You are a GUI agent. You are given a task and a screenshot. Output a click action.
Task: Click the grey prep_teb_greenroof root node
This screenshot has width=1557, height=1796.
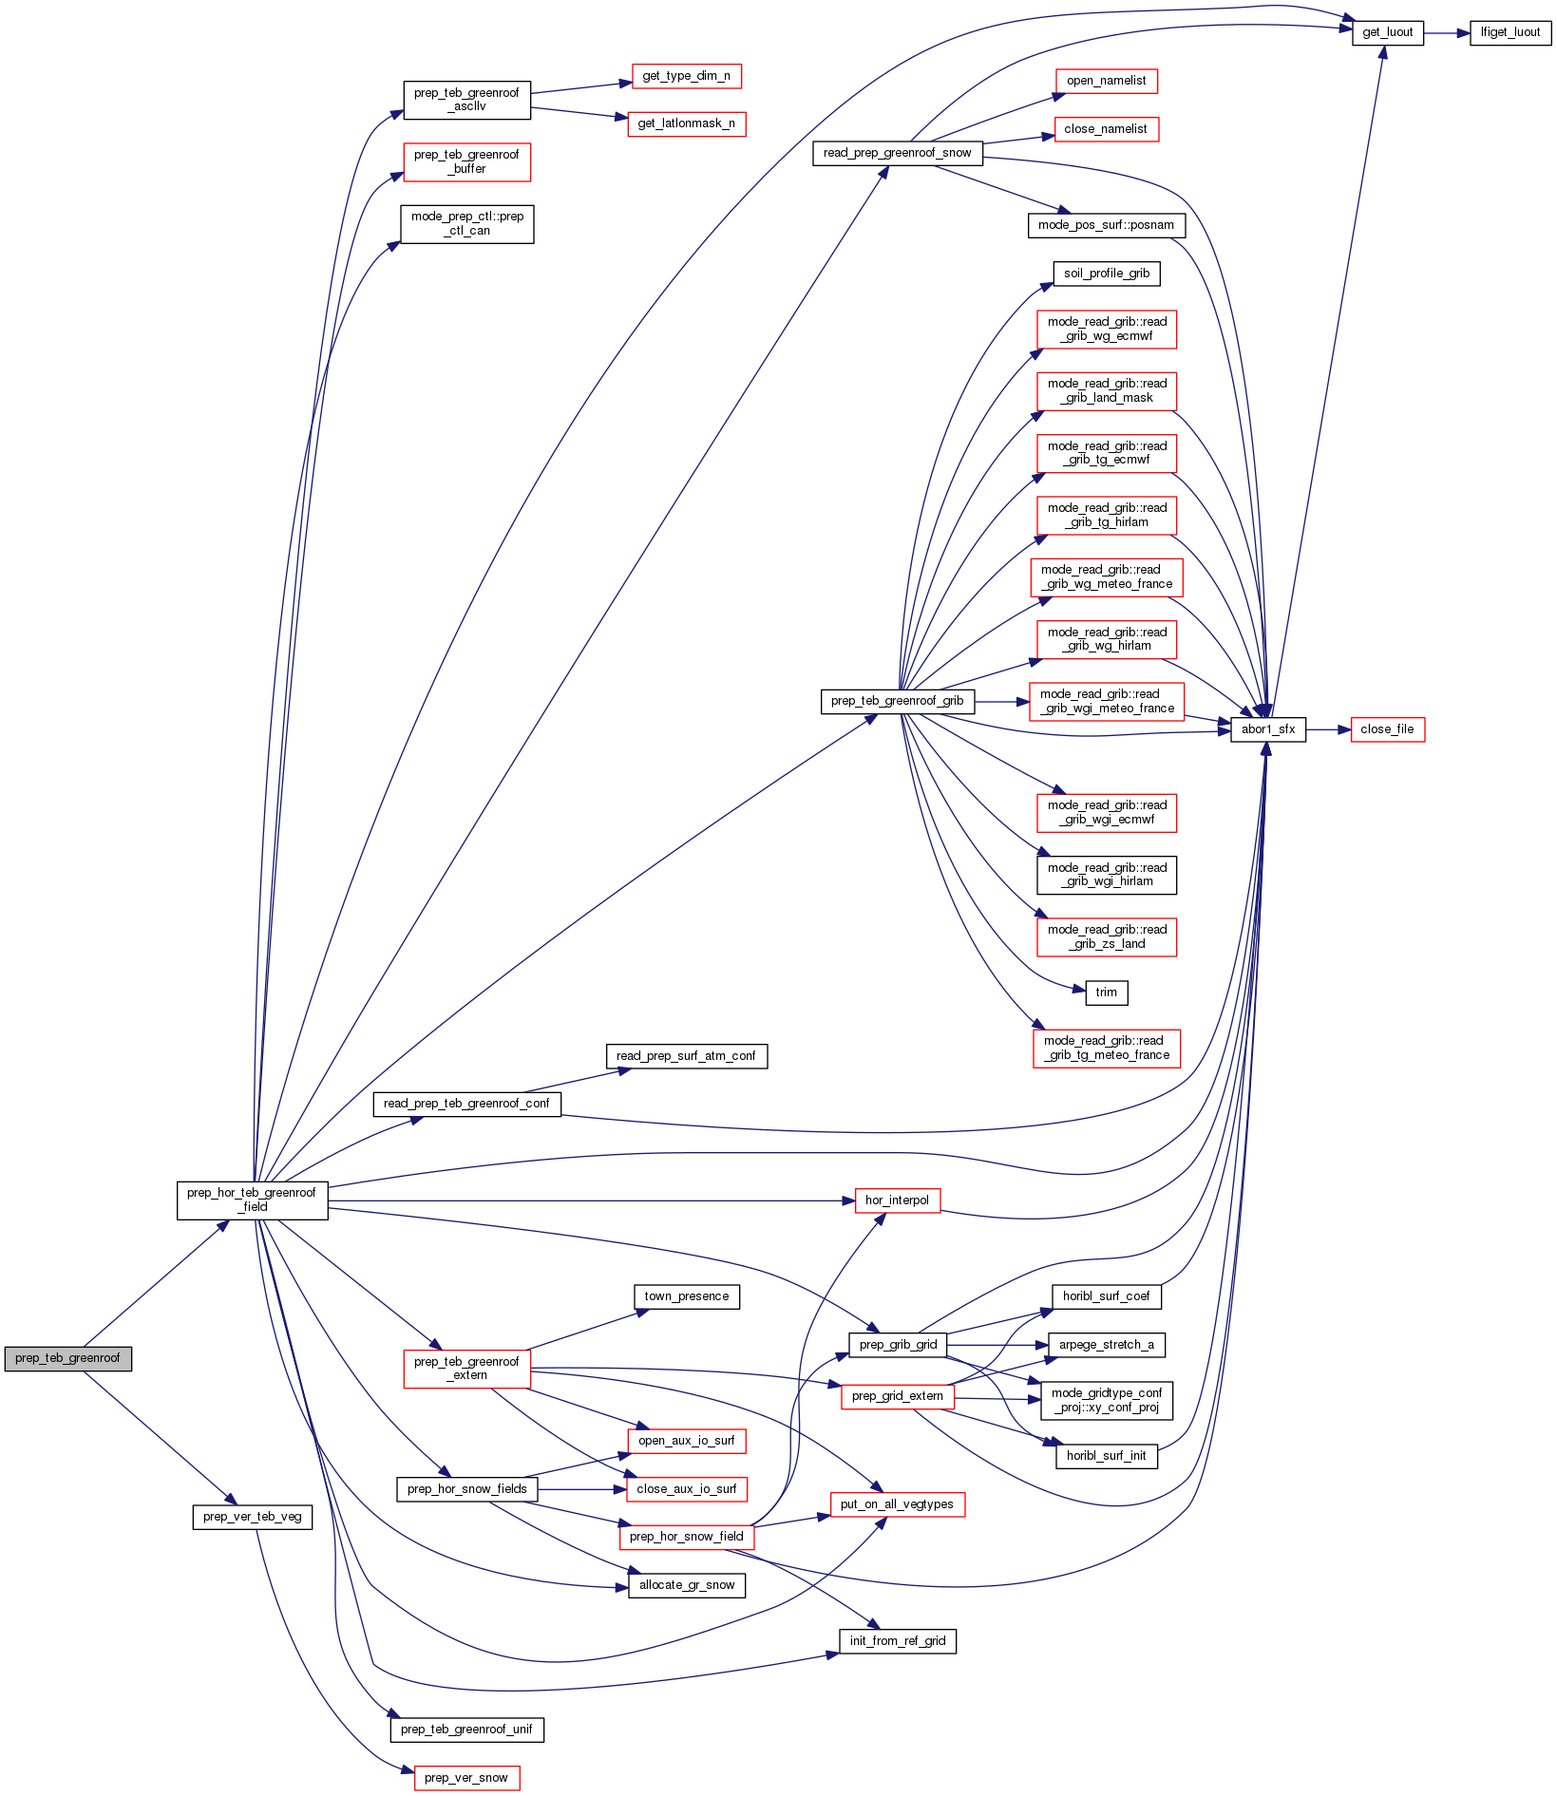click(x=67, y=1358)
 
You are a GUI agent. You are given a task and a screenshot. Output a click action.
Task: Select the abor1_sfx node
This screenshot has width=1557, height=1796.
click(x=1267, y=729)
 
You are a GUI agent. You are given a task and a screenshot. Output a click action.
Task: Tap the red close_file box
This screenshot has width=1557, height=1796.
click(x=1387, y=729)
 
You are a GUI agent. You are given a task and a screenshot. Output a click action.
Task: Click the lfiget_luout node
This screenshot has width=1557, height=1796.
click(x=1510, y=32)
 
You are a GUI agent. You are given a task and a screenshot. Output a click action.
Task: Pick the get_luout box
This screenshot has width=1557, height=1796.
click(x=1387, y=32)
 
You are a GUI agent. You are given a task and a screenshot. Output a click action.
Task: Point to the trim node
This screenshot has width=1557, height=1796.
click(x=1106, y=993)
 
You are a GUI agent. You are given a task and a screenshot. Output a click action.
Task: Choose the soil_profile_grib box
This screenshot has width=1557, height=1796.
click(x=1106, y=274)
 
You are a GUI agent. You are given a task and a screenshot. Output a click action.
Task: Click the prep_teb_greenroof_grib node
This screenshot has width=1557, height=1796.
click(x=897, y=701)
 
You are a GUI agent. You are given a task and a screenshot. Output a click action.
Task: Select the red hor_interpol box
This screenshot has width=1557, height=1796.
click(x=897, y=1200)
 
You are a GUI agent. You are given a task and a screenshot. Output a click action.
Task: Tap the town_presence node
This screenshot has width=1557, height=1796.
click(x=686, y=1296)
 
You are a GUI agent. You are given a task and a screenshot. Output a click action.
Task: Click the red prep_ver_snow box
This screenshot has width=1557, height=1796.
click(x=466, y=1778)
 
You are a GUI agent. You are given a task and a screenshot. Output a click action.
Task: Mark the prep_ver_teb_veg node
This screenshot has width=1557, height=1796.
click(x=252, y=1517)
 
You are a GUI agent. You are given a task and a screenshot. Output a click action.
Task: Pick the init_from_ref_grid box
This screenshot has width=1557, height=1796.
click(x=897, y=1641)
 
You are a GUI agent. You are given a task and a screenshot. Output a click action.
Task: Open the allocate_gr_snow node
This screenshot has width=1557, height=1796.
click(x=686, y=1585)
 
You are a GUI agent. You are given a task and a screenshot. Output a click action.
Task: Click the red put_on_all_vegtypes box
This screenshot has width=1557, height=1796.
click(x=897, y=1504)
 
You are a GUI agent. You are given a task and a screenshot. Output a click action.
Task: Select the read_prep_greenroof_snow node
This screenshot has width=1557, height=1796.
click(x=897, y=153)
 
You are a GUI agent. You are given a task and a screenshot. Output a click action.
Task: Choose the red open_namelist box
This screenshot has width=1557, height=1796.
click(x=1106, y=81)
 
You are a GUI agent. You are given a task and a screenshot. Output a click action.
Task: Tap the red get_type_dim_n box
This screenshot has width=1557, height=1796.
click(x=686, y=76)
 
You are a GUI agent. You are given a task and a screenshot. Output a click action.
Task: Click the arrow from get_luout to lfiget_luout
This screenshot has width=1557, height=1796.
click(x=1447, y=32)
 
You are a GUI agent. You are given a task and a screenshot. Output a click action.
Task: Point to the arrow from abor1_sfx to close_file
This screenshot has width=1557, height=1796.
click(x=1328, y=729)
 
